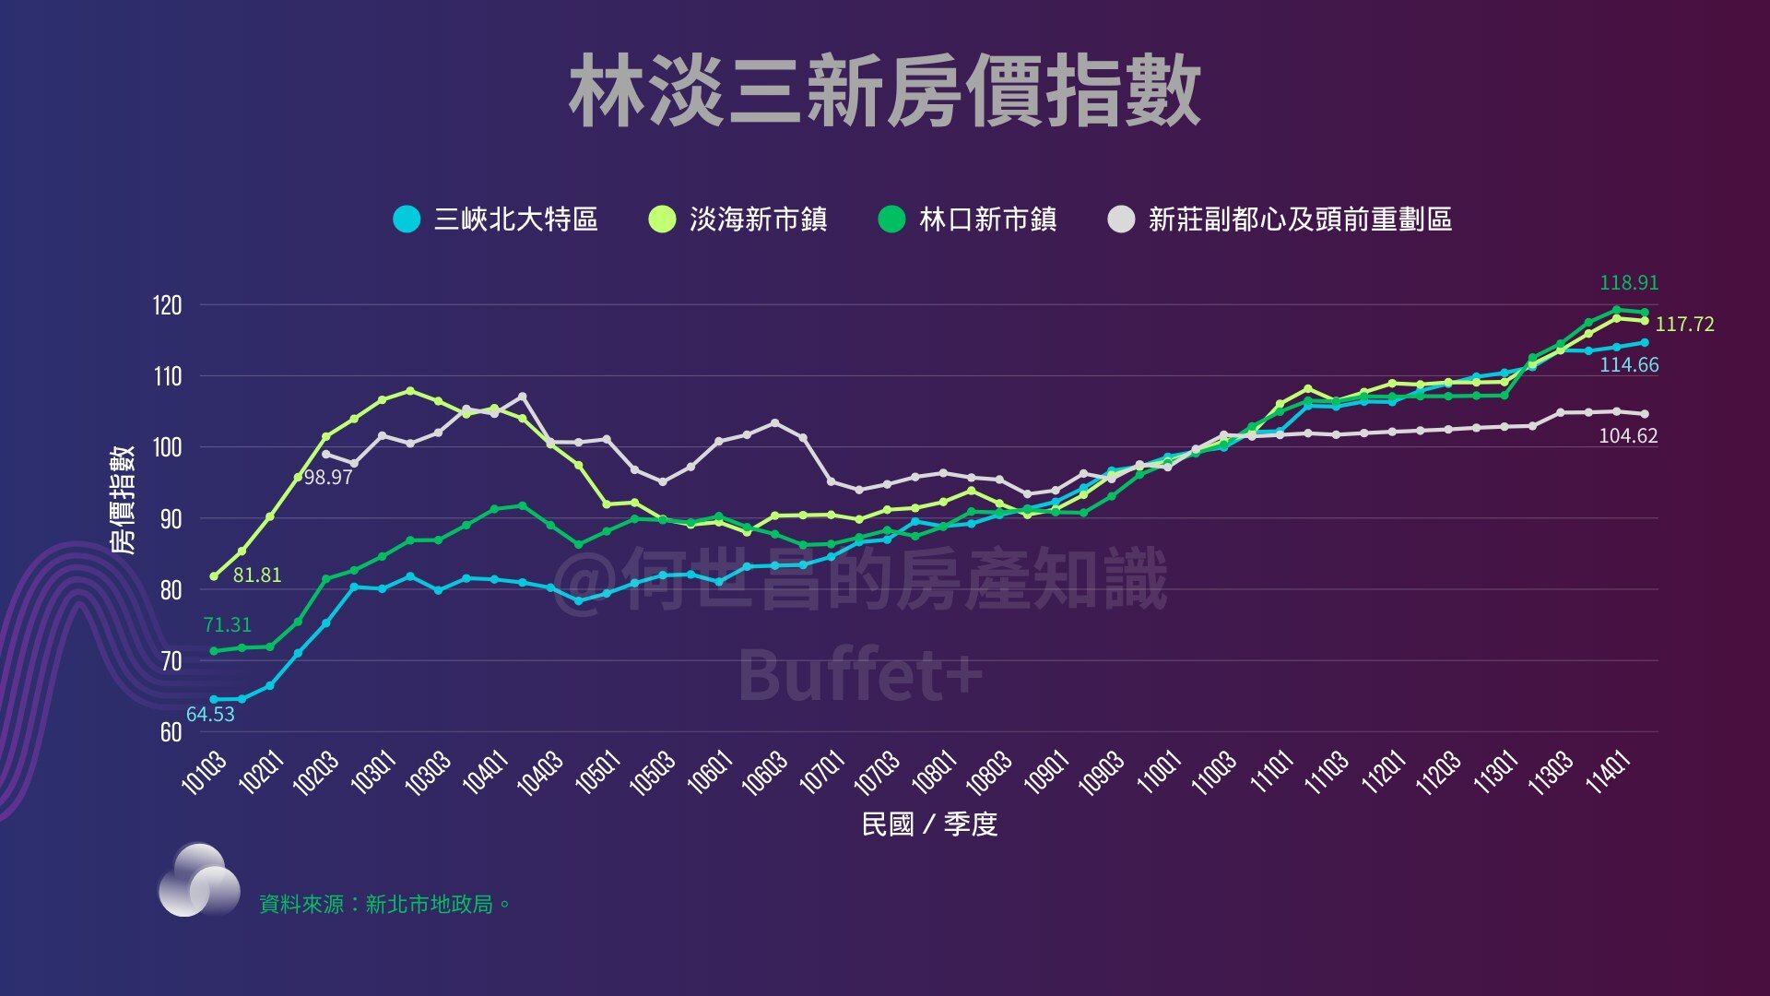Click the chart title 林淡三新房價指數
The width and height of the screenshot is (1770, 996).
tap(885, 90)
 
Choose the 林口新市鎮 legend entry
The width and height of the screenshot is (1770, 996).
tap(968, 219)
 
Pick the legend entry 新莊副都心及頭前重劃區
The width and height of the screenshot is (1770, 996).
tap(1280, 219)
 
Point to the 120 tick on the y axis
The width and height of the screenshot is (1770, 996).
tap(168, 305)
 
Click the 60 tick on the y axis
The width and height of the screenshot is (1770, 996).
tap(171, 732)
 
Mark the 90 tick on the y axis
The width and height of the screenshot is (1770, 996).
tap(171, 518)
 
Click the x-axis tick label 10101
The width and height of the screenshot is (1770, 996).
tap(205, 773)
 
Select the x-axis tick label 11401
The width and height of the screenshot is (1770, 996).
tap(1609, 773)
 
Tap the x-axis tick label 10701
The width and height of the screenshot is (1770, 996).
tap(822, 773)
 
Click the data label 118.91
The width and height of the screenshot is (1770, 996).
tap(1628, 283)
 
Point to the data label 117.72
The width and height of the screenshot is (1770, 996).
tap(1684, 325)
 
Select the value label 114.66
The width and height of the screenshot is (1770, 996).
tap(1628, 365)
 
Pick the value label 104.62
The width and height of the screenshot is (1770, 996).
tap(1627, 436)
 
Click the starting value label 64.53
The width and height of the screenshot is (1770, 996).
tap(210, 715)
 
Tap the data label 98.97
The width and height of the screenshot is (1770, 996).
tap(328, 478)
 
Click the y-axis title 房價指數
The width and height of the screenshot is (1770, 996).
tap(123, 500)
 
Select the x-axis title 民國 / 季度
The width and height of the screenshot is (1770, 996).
tap(929, 824)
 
